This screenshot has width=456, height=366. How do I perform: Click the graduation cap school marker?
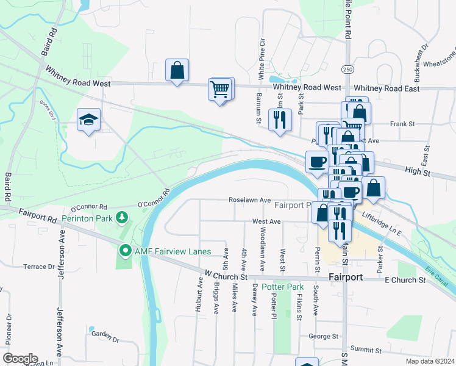88,119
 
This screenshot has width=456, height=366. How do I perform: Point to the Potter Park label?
282,287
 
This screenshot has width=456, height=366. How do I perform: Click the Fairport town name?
346,277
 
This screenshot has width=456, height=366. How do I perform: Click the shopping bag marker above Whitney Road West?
177,71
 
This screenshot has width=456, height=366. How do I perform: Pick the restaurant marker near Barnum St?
280,119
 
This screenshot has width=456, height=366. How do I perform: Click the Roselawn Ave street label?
249,199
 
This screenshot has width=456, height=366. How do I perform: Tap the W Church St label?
226,276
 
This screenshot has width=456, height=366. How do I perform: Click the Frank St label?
402,124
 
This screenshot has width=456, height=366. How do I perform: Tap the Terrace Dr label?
39,267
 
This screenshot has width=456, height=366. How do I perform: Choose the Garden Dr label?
104,334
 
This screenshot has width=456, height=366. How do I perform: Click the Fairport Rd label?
37,214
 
